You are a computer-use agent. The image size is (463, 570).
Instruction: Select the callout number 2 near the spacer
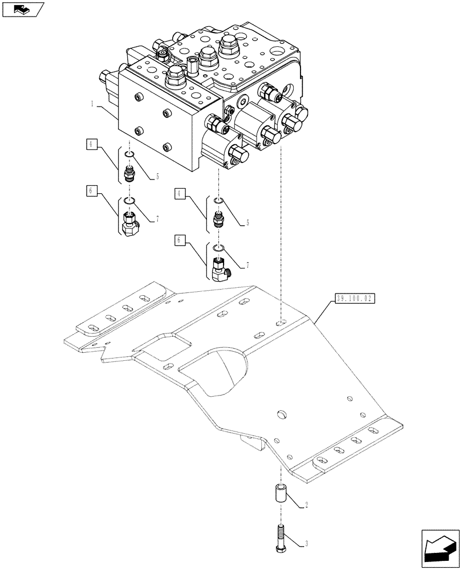[x=306, y=505]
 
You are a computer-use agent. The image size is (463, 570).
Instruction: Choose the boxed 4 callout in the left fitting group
[x=92, y=144]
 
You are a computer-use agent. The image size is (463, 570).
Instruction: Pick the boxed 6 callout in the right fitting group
[x=180, y=241]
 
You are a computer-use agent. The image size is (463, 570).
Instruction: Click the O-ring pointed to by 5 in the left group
[x=130, y=154]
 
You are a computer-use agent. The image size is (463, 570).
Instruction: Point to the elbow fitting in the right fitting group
[x=219, y=271]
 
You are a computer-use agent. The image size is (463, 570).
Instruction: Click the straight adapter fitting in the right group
[x=217, y=219]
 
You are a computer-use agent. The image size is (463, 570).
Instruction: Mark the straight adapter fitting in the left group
[x=129, y=172]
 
